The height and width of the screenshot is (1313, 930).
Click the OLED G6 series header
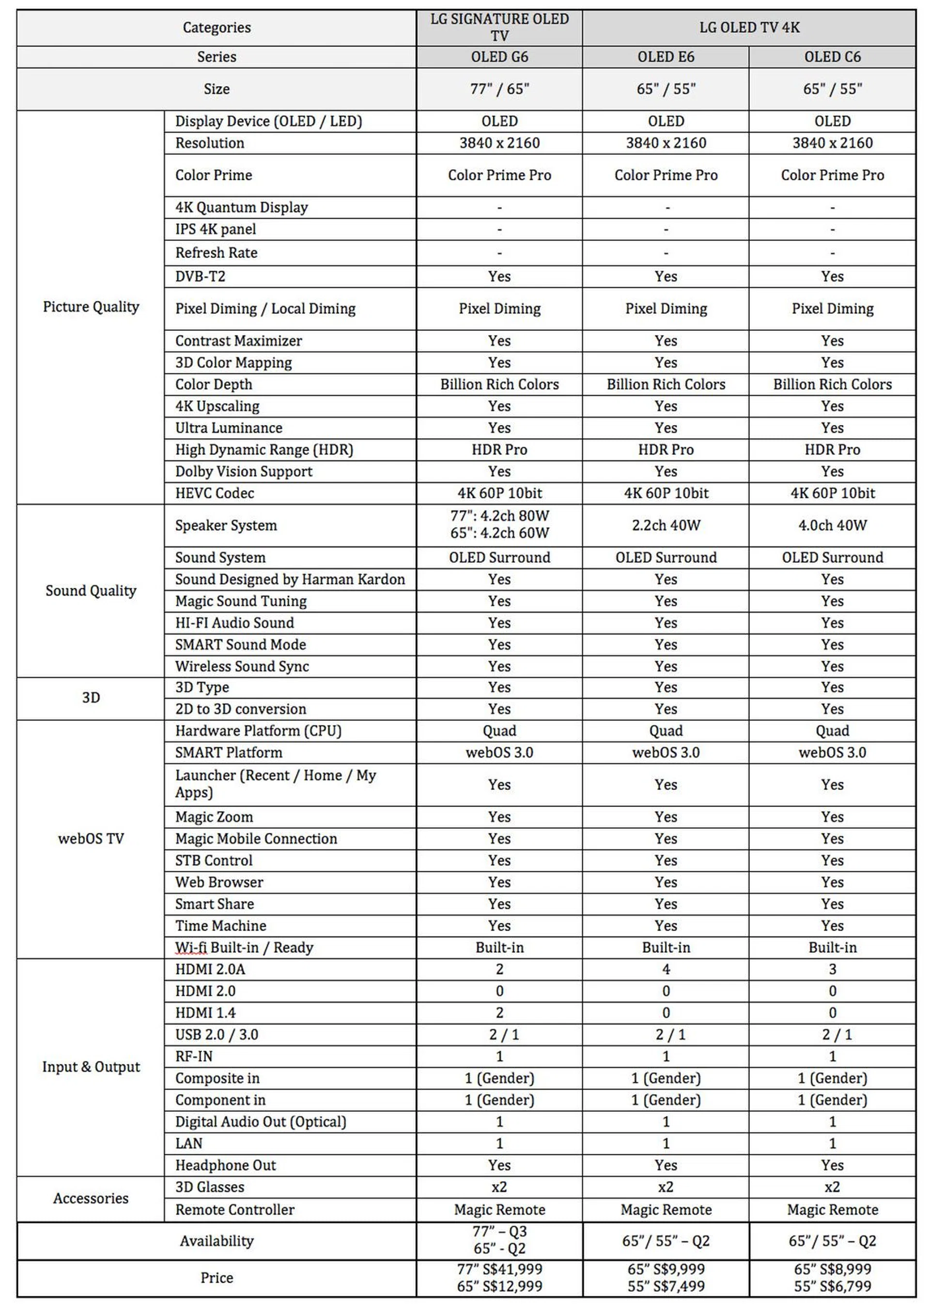pyautogui.click(x=499, y=57)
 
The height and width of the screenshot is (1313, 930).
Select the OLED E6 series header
pyautogui.click(x=666, y=57)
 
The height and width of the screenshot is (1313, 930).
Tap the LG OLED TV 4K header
pyautogui.click(x=749, y=28)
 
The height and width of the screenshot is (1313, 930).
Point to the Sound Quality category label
pyautogui.click(x=91, y=591)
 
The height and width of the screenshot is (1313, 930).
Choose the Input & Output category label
pyautogui.click(x=91, y=1067)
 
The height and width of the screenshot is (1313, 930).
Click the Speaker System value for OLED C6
pyautogui.click(x=832, y=525)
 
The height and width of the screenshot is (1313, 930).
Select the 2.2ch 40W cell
pyautogui.click(x=666, y=525)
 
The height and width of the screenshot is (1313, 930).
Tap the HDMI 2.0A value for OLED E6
pyautogui.click(x=666, y=969)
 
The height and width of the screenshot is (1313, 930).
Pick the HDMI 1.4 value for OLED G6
pyautogui.click(x=499, y=1013)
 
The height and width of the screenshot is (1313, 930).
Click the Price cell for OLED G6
pyautogui.click(x=499, y=1278)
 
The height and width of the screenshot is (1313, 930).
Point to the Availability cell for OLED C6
pyautogui.click(x=832, y=1241)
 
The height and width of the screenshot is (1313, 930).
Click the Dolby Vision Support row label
pyautogui.click(x=244, y=472)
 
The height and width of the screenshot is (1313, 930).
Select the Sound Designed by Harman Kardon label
pyautogui.click(x=290, y=579)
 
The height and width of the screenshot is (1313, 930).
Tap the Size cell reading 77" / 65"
pyautogui.click(x=499, y=89)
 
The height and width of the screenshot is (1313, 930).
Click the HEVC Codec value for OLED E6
pyautogui.click(x=666, y=493)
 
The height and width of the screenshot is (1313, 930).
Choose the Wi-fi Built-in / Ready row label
pyautogui.click(x=244, y=948)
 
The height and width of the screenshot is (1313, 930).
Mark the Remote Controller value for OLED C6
pyautogui.click(x=832, y=1210)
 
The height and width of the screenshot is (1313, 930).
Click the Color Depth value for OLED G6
pyautogui.click(x=499, y=384)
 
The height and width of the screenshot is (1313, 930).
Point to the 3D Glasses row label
pyautogui.click(x=210, y=1187)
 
